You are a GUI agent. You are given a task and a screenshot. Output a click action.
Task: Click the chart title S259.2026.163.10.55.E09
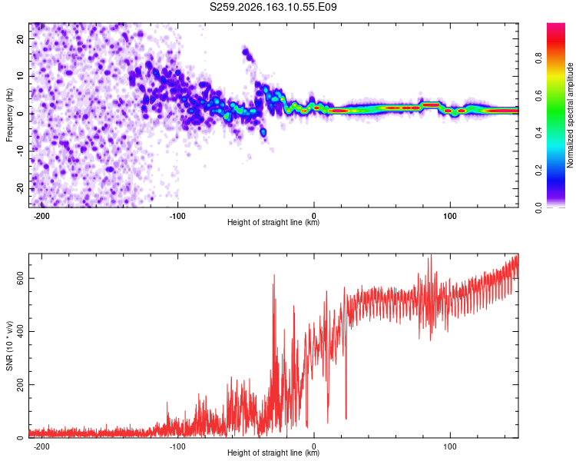click(x=273, y=7)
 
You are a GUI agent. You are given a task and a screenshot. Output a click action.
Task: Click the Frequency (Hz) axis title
click(x=9, y=115)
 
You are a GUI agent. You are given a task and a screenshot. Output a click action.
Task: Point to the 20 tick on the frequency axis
click(x=20, y=38)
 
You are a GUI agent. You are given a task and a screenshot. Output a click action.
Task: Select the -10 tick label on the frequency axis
click(x=20, y=151)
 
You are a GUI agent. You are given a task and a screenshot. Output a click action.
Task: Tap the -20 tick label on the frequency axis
click(x=20, y=188)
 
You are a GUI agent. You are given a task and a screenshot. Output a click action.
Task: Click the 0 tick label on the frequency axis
click(x=20, y=113)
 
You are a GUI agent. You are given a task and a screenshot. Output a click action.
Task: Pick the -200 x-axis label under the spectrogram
click(x=41, y=216)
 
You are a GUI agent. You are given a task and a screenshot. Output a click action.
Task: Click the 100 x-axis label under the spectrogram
click(x=449, y=216)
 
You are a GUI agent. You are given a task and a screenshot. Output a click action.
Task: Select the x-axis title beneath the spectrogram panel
click(x=273, y=222)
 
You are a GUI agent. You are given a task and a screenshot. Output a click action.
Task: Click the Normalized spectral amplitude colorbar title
click(x=570, y=115)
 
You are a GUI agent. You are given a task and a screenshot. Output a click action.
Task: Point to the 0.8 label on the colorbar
click(x=538, y=58)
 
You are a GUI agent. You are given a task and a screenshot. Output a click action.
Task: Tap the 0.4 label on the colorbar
click(x=538, y=133)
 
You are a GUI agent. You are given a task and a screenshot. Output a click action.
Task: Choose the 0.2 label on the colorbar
click(x=538, y=171)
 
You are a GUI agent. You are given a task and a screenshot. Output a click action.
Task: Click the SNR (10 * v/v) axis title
click(x=9, y=346)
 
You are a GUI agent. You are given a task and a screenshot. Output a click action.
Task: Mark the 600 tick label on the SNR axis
click(x=20, y=278)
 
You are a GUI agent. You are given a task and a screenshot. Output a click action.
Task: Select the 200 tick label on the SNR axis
click(x=20, y=384)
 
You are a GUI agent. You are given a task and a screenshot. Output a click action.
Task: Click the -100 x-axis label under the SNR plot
click(x=177, y=446)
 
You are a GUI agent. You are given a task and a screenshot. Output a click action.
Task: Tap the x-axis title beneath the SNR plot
click(x=273, y=453)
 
